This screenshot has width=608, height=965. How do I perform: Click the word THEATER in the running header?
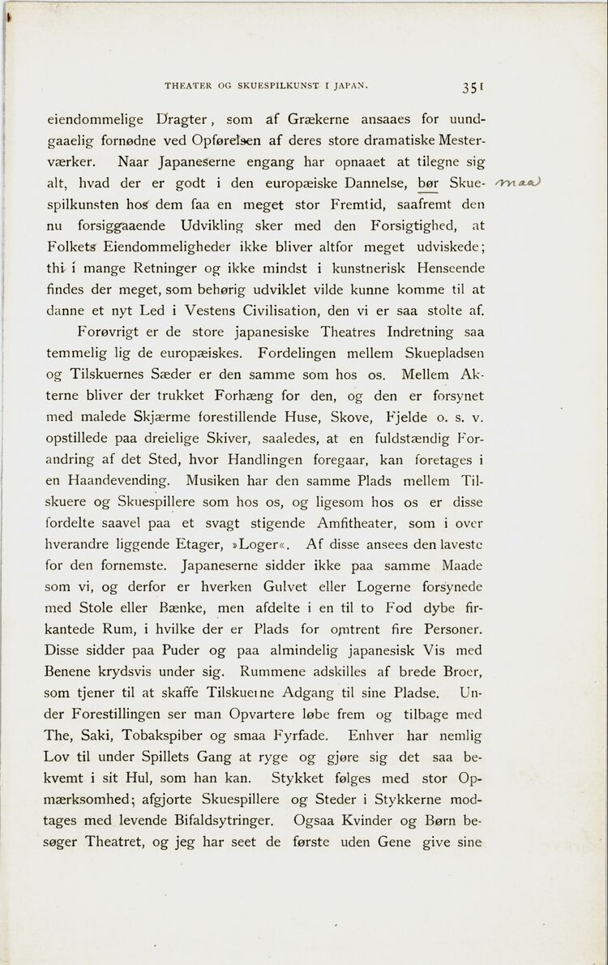pos(190,84)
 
